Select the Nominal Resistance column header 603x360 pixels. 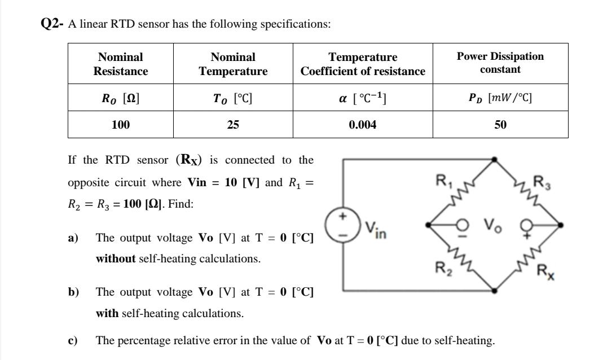tap(120, 64)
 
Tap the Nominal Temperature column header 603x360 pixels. tap(233, 64)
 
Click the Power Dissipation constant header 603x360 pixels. tap(500, 63)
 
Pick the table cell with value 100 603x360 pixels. tap(120, 125)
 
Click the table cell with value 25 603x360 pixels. tap(233, 125)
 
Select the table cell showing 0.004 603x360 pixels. tap(362, 125)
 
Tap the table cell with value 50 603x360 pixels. tap(500, 125)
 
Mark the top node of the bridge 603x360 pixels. tap(495, 159)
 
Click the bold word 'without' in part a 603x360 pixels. tap(116, 259)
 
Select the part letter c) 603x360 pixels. tap(73, 340)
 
